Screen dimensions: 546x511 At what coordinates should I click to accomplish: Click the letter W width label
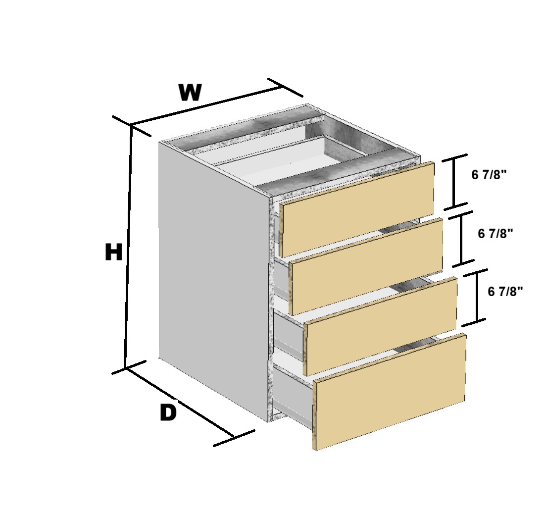tap(190, 92)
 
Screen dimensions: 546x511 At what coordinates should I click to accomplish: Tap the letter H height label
tap(113, 252)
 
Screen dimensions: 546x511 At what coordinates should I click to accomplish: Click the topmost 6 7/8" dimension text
tap(489, 174)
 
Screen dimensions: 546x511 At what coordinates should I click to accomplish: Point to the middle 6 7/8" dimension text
tap(496, 233)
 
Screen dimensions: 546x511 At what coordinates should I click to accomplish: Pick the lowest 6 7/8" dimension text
tap(505, 291)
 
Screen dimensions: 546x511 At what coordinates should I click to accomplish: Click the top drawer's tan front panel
tap(357, 209)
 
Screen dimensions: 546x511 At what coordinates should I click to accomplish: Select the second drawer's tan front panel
tap(366, 266)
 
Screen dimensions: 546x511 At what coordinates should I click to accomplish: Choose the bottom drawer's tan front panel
tap(390, 391)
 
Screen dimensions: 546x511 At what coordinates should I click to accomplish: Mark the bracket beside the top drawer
tap(454, 182)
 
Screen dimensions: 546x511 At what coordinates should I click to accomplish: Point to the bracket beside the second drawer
tap(461, 239)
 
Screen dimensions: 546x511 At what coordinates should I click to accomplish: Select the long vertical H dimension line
tap(128, 246)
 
